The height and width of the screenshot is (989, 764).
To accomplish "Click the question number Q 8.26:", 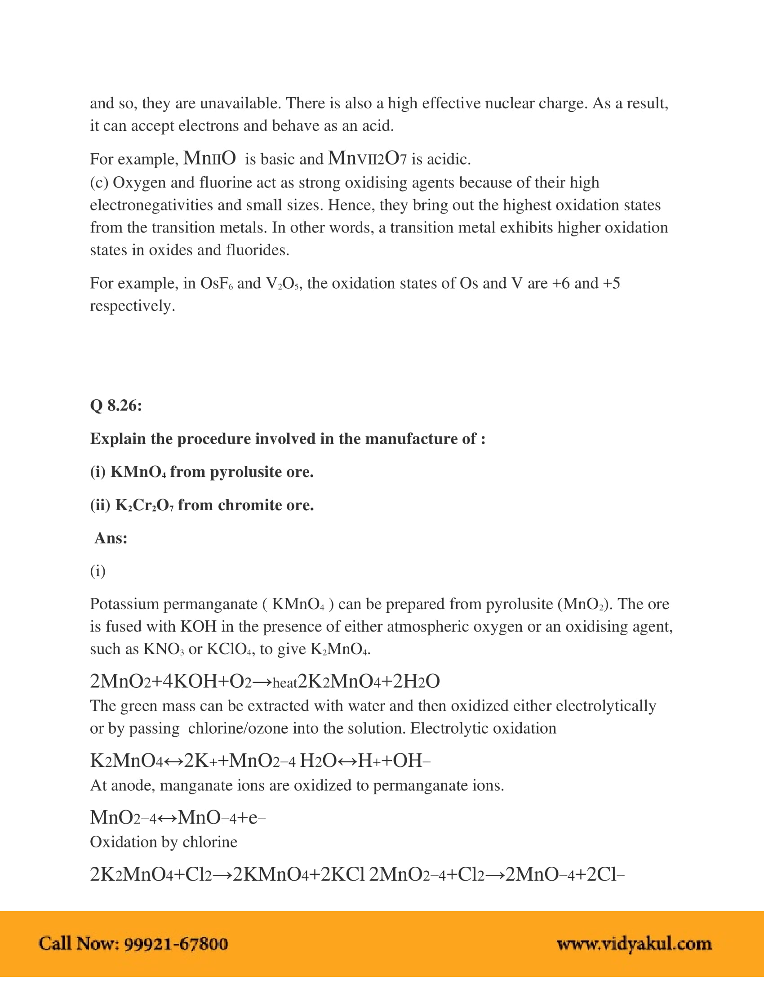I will click(116, 405).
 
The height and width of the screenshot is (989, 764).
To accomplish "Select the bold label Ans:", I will click(111, 538).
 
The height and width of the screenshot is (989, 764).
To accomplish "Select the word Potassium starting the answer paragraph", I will click(123, 604).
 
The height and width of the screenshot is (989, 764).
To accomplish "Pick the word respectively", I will click(132, 306).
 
